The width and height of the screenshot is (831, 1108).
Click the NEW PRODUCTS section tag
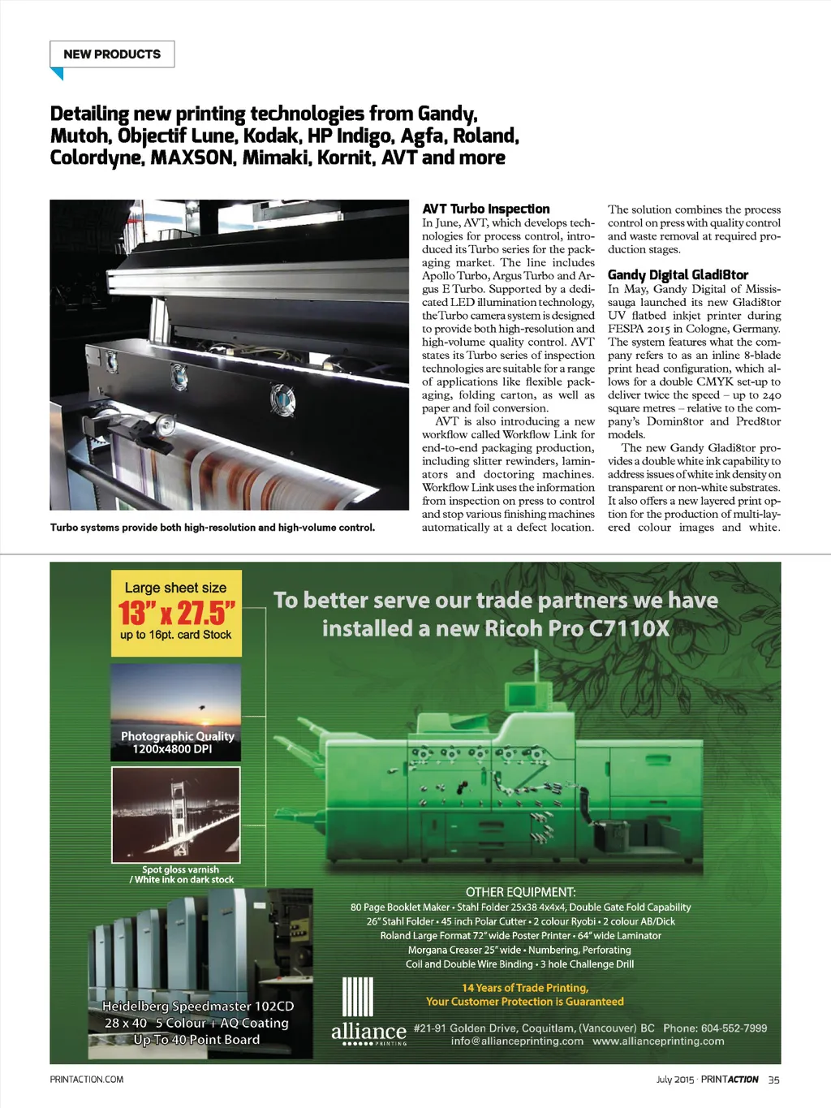point(112,54)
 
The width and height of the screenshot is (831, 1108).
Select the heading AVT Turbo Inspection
point(485,209)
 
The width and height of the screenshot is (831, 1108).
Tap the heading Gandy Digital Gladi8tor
point(678,275)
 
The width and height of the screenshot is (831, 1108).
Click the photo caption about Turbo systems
point(213,528)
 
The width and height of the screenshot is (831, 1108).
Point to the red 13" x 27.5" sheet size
point(176,613)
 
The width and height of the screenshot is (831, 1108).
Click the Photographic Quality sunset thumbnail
point(175,712)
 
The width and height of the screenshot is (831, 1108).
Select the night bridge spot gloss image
point(175,814)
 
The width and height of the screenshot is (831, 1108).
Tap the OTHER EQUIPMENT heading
point(520,892)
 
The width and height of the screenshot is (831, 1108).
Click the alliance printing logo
point(368,1031)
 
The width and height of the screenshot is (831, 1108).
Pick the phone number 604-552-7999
point(734,1028)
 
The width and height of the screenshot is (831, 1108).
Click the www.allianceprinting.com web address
point(658,1041)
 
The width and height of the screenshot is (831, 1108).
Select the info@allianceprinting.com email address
point(517,1041)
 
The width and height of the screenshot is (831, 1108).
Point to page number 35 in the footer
point(773,1080)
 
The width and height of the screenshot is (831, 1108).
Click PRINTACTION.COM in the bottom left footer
point(87,1080)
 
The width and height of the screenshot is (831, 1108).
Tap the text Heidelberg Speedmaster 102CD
point(198,1007)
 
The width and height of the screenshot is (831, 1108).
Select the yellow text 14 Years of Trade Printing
point(524,988)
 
